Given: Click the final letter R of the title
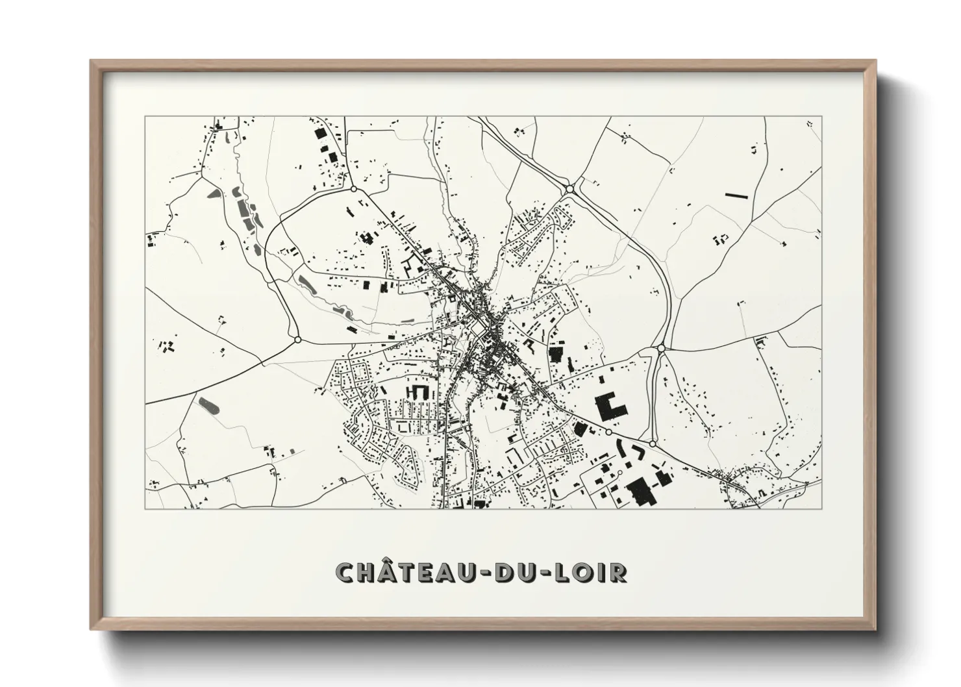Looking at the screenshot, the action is tap(619, 572).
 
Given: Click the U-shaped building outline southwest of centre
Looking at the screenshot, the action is tap(418, 392).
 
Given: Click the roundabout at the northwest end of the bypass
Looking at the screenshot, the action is tap(353, 190).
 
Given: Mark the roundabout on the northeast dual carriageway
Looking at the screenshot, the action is tap(569, 189).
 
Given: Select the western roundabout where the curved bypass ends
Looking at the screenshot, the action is tap(297, 339).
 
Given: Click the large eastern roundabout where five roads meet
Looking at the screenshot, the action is tap(660, 348).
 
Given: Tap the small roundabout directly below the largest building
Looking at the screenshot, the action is tap(609, 432).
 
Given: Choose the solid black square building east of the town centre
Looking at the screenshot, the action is tap(555, 355).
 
